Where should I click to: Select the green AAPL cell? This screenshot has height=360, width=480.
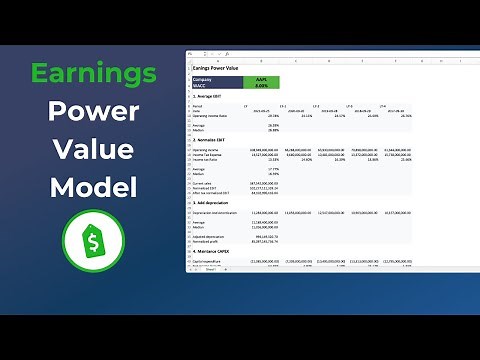[x=261, y=78]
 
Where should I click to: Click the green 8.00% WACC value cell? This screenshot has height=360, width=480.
[x=261, y=85]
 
